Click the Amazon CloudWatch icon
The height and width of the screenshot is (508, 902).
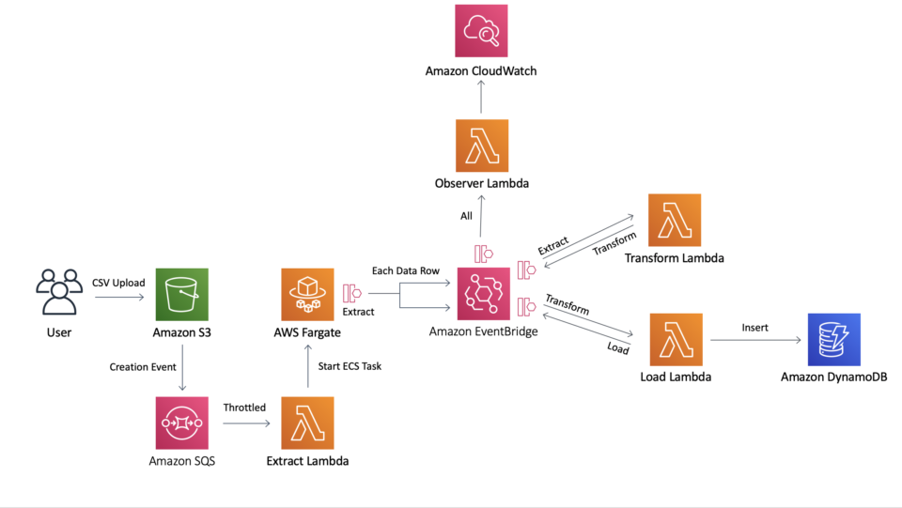pos(481,31)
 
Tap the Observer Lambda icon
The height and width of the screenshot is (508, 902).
pos(481,146)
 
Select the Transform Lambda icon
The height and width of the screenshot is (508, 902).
pos(675,220)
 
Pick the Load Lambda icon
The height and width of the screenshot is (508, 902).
pos(676,339)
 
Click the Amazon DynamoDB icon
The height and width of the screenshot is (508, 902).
pos(833,339)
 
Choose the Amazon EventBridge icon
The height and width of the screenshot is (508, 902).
pos(483,294)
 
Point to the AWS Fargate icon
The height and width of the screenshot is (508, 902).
pos(307,294)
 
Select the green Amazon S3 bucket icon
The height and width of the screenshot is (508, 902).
pos(181,294)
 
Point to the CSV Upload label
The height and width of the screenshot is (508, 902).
pos(118,283)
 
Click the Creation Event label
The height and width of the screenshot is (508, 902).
pos(144,367)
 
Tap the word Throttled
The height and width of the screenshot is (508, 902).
pos(244,408)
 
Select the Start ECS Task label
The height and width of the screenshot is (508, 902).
pos(350,366)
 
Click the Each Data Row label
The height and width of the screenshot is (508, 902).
pos(405,271)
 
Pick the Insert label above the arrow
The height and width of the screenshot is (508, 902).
pos(754,328)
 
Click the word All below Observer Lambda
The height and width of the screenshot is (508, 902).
pos(466,216)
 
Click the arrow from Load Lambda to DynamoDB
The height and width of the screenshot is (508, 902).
pos(754,340)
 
